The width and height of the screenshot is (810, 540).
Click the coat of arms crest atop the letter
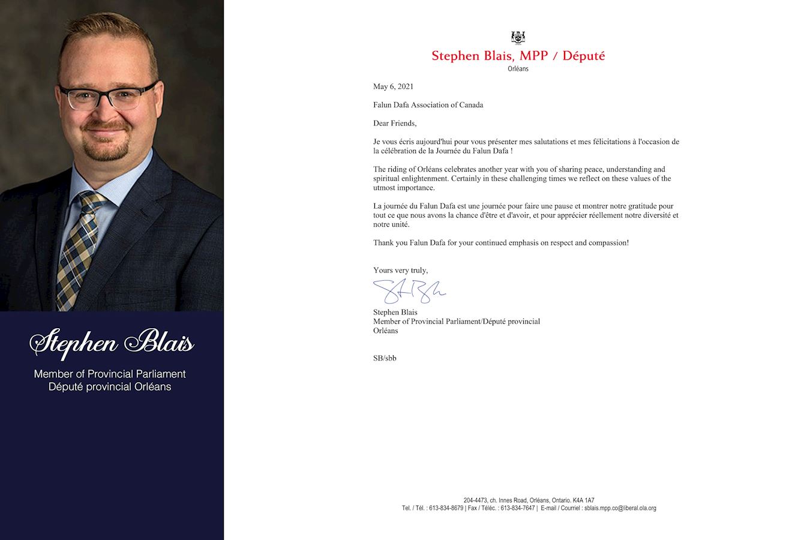[x=518, y=37]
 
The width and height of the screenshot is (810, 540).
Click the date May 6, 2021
[x=393, y=86]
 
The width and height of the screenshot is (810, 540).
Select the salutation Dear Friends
[x=394, y=123]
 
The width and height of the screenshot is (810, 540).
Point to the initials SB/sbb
[x=385, y=358]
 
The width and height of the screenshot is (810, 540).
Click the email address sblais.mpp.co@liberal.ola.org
[x=620, y=508]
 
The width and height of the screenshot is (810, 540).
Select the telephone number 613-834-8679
[x=446, y=508]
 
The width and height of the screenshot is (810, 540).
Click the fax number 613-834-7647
[x=517, y=508]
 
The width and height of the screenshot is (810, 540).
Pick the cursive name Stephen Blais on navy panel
[x=112, y=343]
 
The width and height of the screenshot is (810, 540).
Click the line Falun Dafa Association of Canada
[x=428, y=105]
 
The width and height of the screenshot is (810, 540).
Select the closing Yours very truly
[x=400, y=270]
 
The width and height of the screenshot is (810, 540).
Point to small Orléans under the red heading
[x=518, y=69]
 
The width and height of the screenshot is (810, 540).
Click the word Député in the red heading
[x=583, y=56]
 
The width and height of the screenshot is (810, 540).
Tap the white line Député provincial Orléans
[x=110, y=387]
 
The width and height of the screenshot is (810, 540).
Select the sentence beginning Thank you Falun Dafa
[x=500, y=243]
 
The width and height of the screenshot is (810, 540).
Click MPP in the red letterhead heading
[x=533, y=56]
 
